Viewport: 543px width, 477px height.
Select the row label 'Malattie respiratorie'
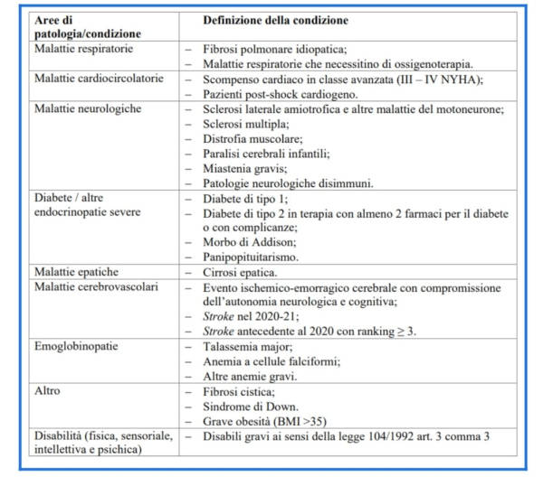tap(82, 47)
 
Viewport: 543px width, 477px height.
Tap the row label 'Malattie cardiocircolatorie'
tap(98, 78)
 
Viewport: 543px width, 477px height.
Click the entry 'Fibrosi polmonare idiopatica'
tap(283, 47)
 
